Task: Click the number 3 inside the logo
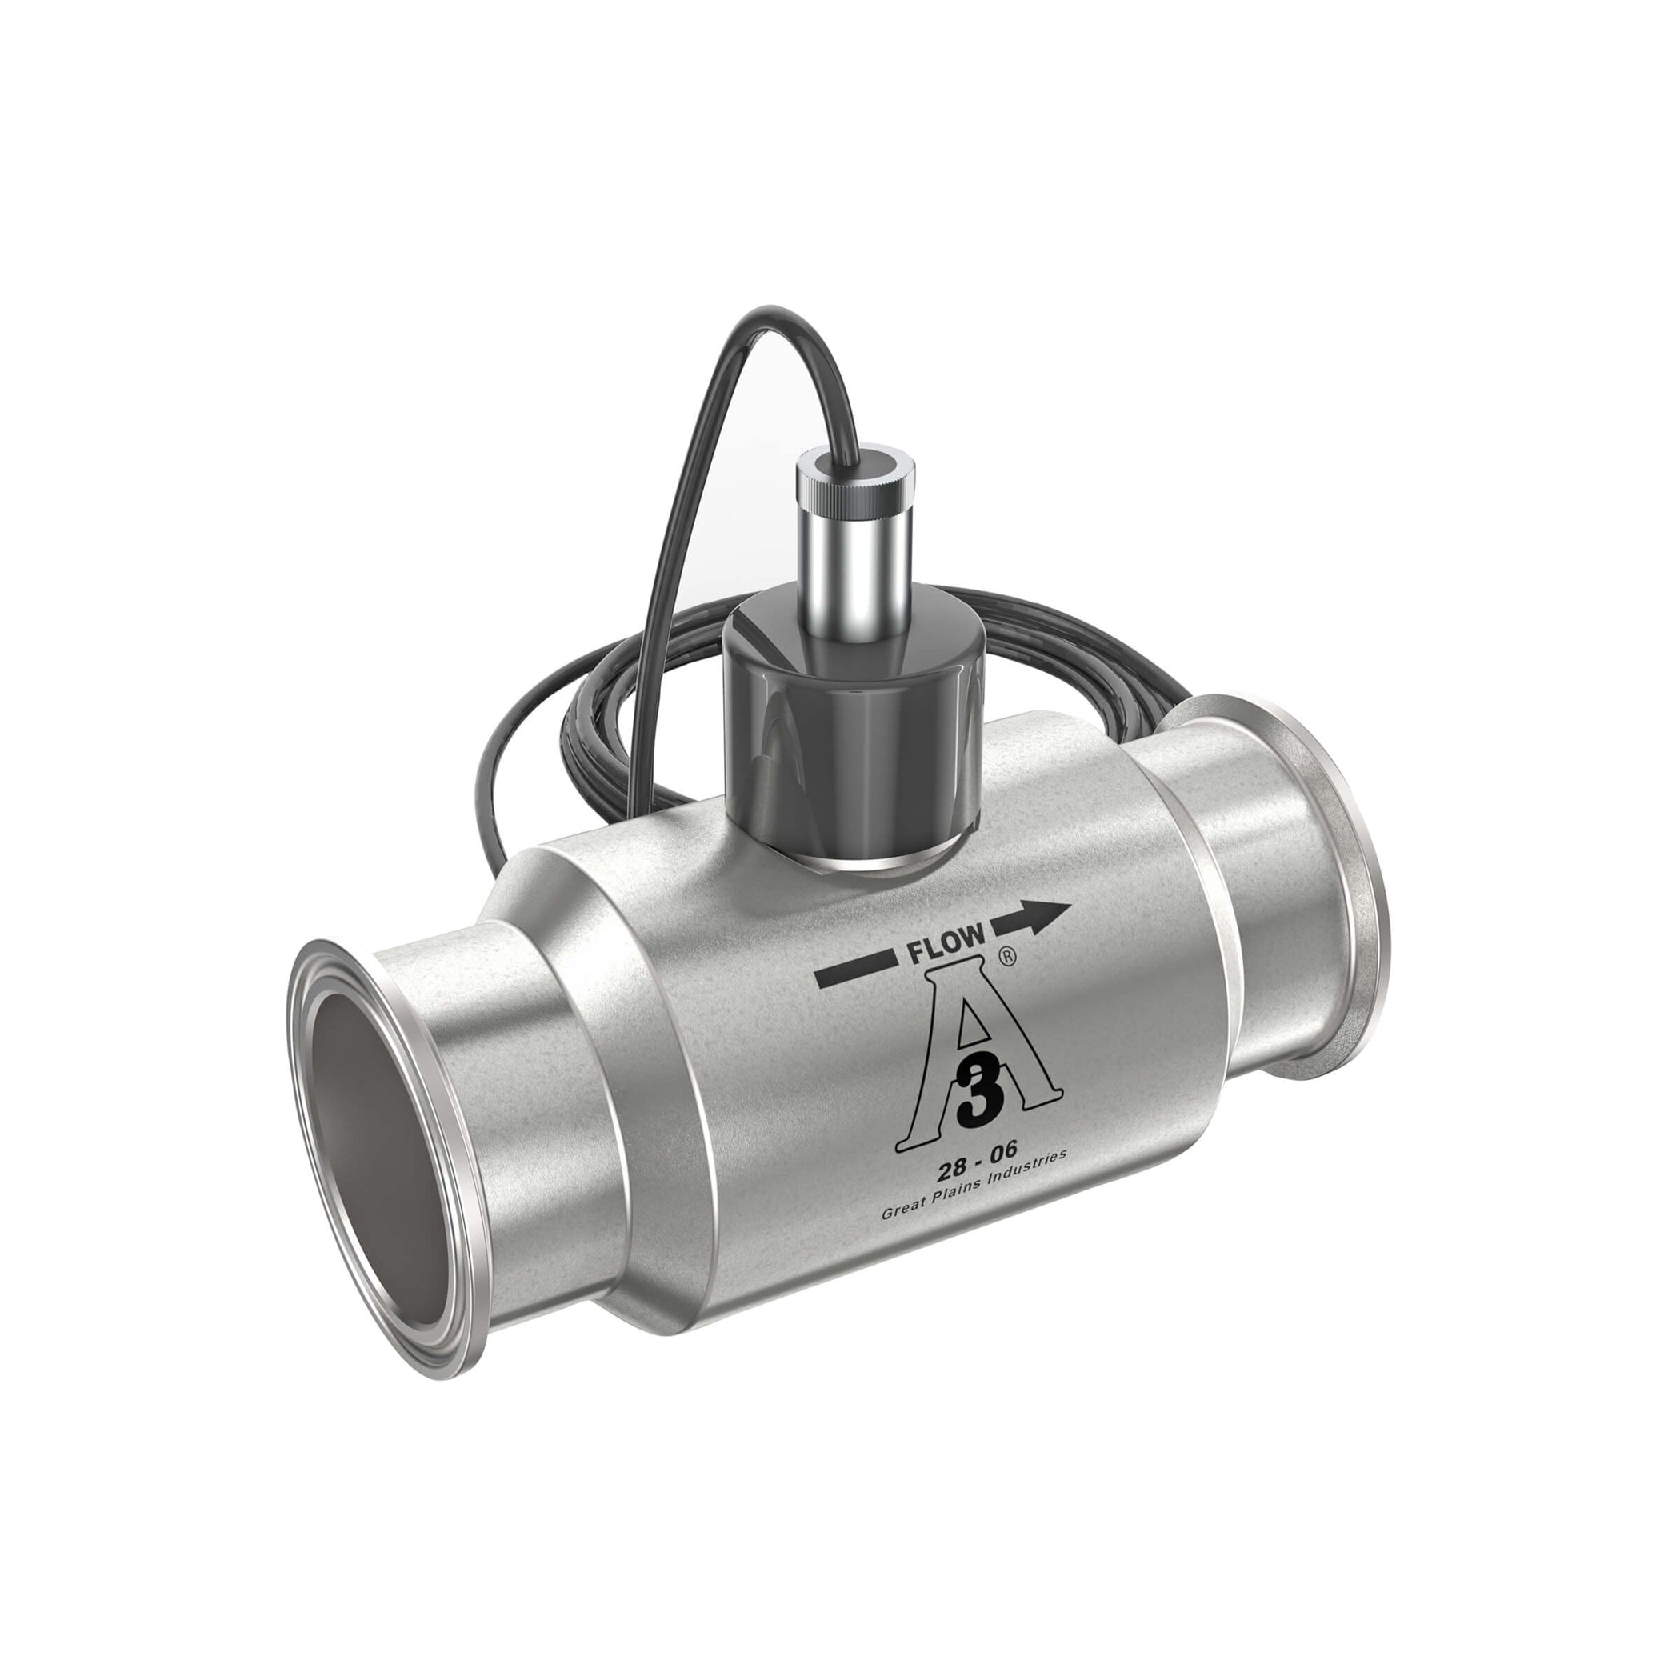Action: pos(977,1096)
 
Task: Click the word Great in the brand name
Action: pos(902,1210)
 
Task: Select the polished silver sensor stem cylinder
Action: pos(856,557)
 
